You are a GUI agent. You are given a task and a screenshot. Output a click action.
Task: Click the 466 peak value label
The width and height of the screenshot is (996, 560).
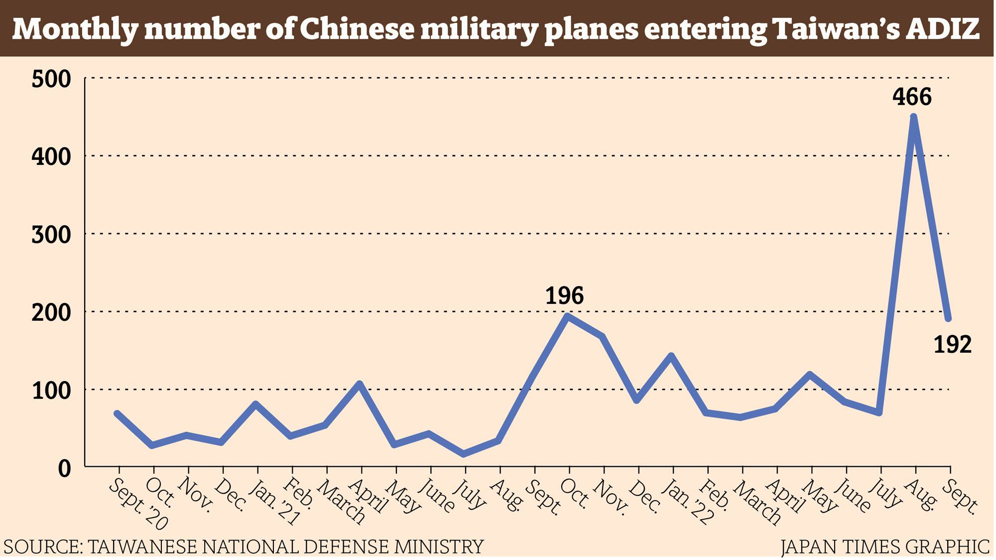click(x=912, y=97)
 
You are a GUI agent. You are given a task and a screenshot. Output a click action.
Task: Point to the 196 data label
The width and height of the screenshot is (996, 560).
click(x=564, y=295)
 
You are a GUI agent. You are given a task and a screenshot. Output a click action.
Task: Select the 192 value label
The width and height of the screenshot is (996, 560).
click(x=952, y=344)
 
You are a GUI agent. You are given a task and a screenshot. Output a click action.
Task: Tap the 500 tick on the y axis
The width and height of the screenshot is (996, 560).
click(x=51, y=79)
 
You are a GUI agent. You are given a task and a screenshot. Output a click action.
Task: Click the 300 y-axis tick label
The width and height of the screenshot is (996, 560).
click(x=51, y=235)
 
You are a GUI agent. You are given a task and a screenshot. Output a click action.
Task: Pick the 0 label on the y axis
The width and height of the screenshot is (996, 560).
click(x=65, y=468)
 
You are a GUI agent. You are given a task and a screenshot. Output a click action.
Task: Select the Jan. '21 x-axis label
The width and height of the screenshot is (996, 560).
click(x=274, y=504)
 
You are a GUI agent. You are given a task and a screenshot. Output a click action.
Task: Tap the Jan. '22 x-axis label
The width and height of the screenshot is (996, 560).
click(x=690, y=504)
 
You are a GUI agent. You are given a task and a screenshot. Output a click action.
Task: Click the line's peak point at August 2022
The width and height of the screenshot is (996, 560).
click(x=914, y=117)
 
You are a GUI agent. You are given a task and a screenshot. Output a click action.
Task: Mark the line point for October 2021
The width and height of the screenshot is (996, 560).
click(x=568, y=315)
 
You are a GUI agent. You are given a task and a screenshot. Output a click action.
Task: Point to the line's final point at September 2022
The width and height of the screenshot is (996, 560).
click(x=949, y=318)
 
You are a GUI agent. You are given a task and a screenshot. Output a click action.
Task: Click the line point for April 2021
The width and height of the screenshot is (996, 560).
click(x=360, y=383)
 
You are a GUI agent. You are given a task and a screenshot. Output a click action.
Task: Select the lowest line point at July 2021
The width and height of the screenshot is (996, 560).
click(x=464, y=454)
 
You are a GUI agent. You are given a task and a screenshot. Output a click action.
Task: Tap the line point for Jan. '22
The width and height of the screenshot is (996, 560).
click(x=671, y=356)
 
